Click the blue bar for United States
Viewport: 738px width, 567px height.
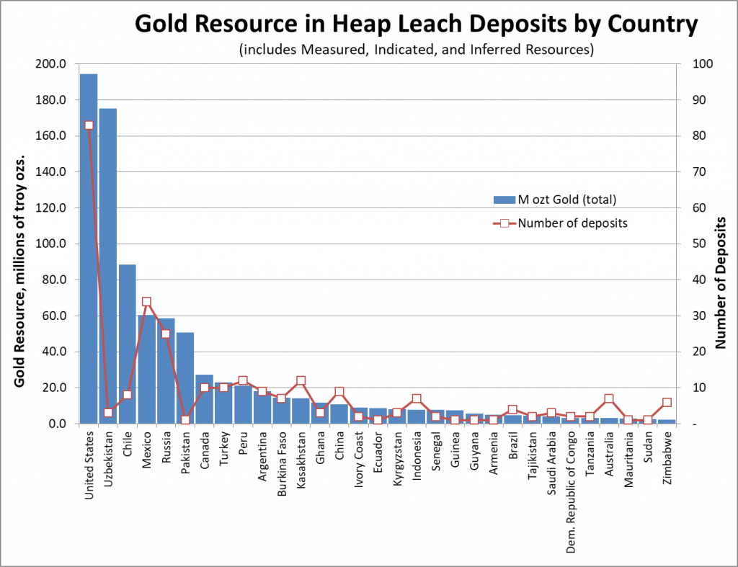pyautogui.click(x=89, y=249)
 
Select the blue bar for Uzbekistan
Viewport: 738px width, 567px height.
pyautogui.click(x=108, y=266)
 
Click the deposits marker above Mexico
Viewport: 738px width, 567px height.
pyautogui.click(x=146, y=302)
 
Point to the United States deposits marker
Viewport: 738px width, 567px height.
pyautogui.click(x=89, y=125)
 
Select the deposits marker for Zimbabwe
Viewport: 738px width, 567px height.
pyautogui.click(x=667, y=403)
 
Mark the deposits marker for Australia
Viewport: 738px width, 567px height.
pyautogui.click(x=609, y=399)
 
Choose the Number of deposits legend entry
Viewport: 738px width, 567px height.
pyautogui.click(x=562, y=223)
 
